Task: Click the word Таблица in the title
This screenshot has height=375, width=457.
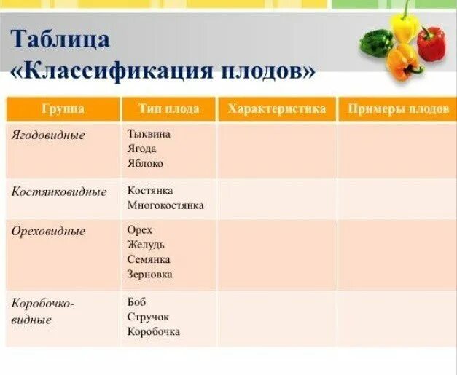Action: [60, 39]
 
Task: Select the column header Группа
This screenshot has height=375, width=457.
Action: [63, 109]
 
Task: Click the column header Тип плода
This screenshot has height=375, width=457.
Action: [168, 109]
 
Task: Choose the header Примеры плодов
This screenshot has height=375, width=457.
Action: [397, 109]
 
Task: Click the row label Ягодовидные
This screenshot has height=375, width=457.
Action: [48, 135]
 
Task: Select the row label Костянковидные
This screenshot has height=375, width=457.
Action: [59, 192]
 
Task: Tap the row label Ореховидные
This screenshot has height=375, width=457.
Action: [48, 232]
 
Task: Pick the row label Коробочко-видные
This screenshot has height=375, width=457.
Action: [43, 311]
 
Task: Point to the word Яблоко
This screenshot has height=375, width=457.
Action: [145, 164]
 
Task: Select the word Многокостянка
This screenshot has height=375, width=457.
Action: [165, 205]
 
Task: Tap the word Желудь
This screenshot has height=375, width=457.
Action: [146, 245]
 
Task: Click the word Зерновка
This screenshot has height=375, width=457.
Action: [149, 275]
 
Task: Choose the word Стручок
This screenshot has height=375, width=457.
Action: [147, 317]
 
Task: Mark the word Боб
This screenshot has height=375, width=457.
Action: [136, 301]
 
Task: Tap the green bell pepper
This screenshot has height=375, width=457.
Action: [375, 42]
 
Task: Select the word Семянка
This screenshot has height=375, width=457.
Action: [149, 259]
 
